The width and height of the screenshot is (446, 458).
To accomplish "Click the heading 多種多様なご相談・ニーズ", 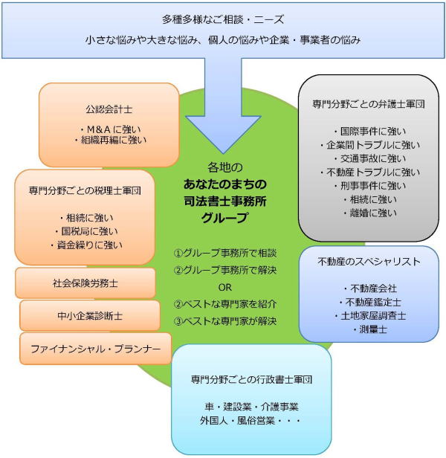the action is (223, 20).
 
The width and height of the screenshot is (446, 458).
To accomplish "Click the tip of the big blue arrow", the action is (223, 154).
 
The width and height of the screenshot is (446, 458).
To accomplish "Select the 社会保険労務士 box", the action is (85, 283).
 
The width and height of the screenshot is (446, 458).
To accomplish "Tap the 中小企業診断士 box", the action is (90, 316).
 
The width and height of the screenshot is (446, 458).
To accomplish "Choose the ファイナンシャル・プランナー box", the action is (95, 349).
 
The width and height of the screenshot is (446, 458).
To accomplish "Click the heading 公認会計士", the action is (109, 109).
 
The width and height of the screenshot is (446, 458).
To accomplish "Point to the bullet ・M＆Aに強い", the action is (110, 129).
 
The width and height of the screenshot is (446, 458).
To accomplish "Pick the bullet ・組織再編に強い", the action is (110, 141).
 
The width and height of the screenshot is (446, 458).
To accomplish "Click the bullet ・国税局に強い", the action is (86, 231).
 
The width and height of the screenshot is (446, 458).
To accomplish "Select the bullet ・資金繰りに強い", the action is (86, 245).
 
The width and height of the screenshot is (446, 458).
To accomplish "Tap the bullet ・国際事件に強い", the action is (369, 132).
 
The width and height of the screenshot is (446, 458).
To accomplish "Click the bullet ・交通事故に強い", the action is (369, 158).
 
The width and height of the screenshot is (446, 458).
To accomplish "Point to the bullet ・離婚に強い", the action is (369, 213).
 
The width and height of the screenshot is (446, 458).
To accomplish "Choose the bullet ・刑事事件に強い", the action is (369, 186).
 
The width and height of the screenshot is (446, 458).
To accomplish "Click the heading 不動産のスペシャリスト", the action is (369, 262).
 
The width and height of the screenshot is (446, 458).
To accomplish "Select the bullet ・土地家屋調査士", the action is (369, 316).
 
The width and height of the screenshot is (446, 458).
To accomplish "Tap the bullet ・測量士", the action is (369, 330).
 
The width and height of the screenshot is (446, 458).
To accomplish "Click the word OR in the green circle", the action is (225, 288).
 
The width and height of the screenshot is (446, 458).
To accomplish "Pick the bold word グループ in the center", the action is (224, 218).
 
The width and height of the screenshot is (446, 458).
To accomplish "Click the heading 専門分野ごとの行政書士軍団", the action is (251, 379).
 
